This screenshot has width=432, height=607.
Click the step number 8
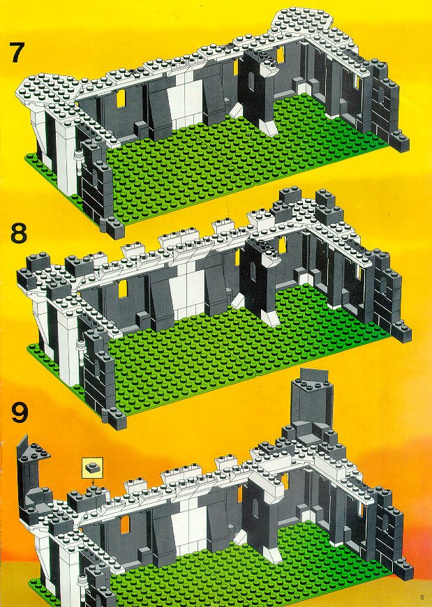[x=19, y=232]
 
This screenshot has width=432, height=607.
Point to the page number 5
[x=422, y=596]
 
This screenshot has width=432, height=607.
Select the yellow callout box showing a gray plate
[x=92, y=467]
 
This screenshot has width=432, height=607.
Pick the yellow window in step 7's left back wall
[x=122, y=97]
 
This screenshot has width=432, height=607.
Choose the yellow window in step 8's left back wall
[x=123, y=289]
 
